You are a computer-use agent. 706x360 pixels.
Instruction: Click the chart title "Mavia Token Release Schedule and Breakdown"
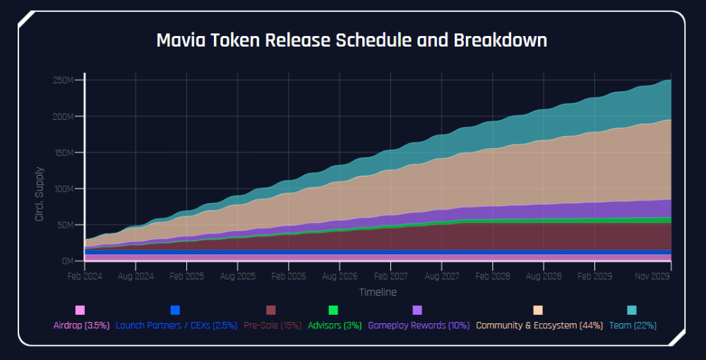point(352,40)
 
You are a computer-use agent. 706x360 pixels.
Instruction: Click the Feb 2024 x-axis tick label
point(85,276)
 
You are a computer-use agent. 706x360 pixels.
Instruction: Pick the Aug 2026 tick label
point(340,276)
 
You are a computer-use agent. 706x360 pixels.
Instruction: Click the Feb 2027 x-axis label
point(390,276)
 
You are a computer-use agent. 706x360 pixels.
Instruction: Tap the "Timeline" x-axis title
point(378,292)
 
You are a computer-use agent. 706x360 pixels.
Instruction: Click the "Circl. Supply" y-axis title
point(40,194)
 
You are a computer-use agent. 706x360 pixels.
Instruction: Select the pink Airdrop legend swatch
point(80,310)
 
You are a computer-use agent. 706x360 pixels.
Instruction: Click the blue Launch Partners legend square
point(175,310)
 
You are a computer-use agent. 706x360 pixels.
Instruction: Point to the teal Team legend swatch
point(632,310)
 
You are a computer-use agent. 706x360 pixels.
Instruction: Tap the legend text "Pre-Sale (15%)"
point(273,325)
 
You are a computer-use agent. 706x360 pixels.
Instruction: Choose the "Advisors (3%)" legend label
point(335,325)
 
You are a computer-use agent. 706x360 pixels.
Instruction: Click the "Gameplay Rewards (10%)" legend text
point(419,325)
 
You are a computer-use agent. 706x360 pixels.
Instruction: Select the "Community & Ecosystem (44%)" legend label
point(539,325)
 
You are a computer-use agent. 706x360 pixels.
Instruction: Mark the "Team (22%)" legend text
point(633,325)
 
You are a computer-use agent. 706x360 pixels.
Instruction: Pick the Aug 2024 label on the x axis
point(136,276)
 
